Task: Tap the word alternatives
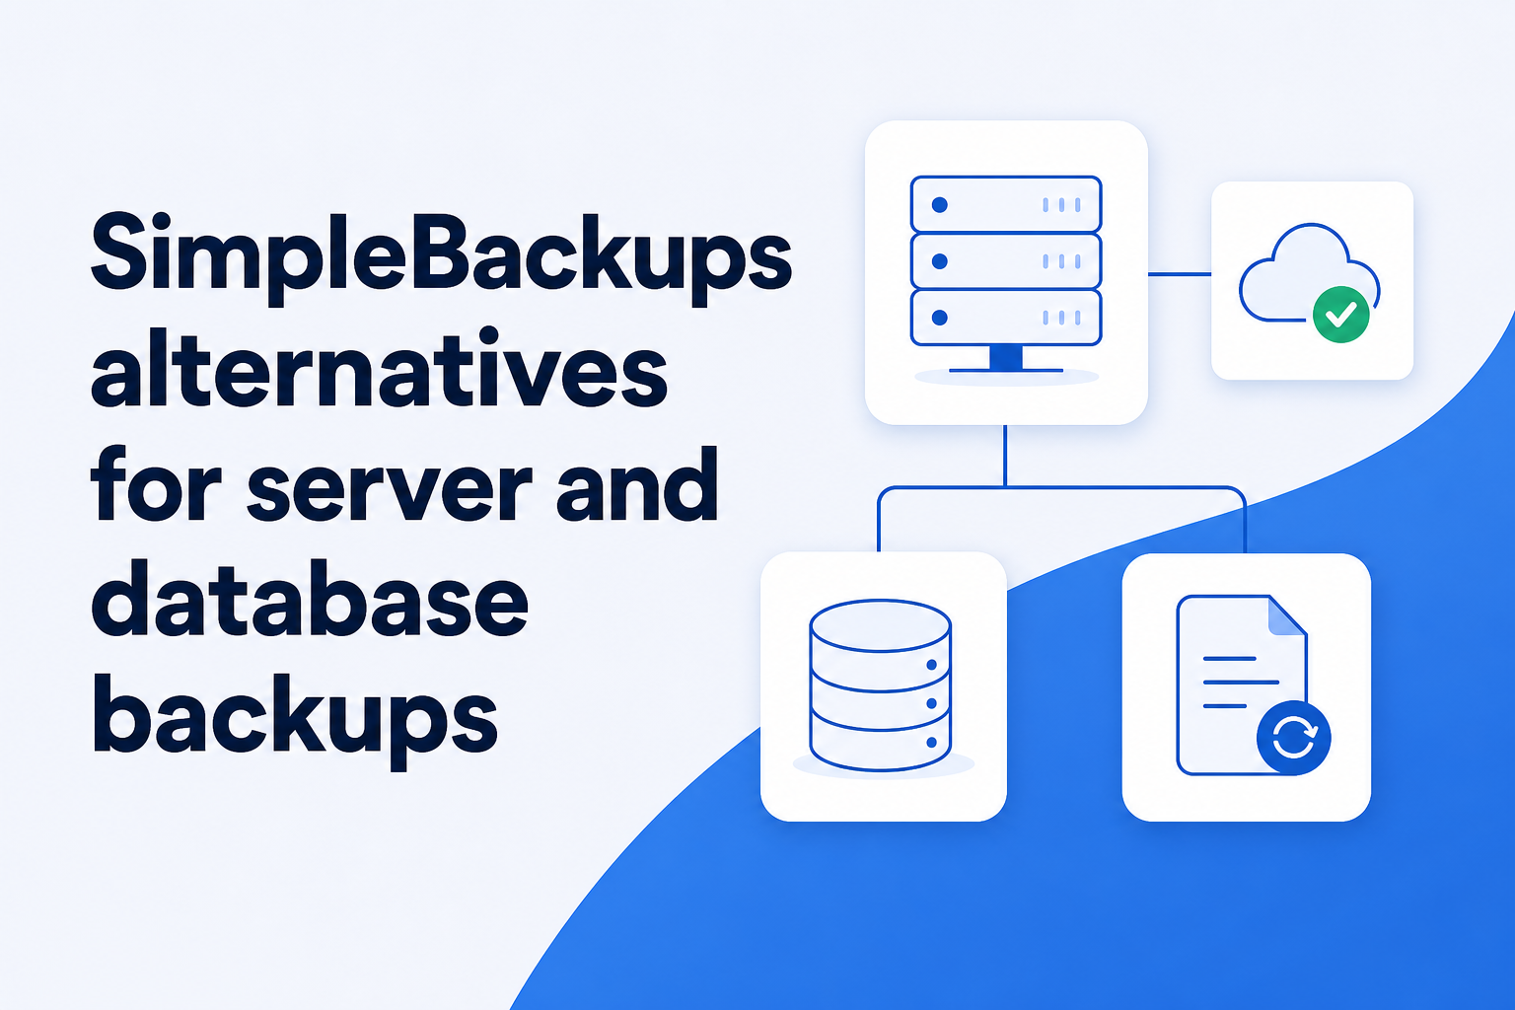380,369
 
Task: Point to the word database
310,598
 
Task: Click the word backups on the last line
295,718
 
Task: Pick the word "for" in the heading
156,483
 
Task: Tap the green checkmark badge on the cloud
1340,315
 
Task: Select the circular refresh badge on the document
1294,738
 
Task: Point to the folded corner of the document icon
1287,615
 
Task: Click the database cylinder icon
881,685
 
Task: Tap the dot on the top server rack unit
939,204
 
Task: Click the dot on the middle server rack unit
939,261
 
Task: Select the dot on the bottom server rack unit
939,318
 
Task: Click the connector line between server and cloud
1180,274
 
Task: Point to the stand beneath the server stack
1006,359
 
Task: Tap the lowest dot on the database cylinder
931,742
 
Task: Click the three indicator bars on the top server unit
1061,205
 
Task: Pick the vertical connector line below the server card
1005,456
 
